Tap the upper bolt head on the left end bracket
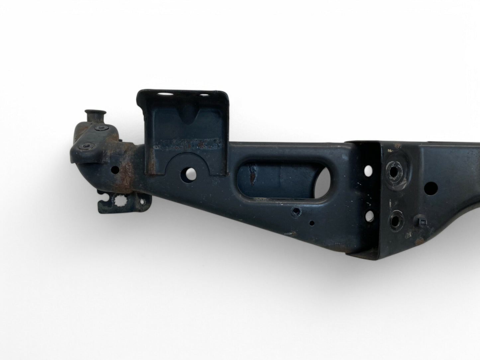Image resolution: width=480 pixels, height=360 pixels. pos(99,128)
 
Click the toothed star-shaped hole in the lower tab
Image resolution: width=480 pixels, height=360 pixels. pos(118,200)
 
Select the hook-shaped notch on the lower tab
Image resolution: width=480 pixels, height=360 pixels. pos(104,202)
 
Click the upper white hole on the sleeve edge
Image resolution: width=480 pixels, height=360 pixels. pos(368,170)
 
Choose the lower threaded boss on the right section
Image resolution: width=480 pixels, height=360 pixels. pos(396,220)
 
